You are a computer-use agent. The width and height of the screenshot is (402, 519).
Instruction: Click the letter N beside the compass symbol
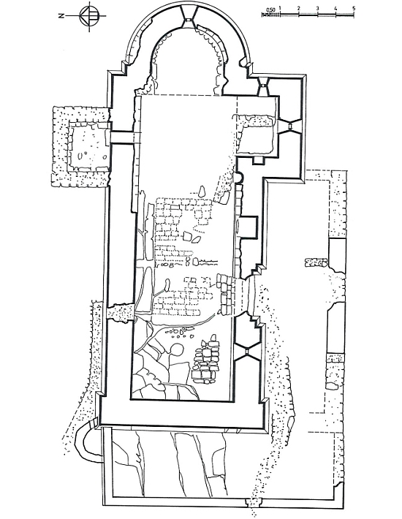(x=61, y=15)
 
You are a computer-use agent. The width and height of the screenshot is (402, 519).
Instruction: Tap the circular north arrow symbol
(x=89, y=15)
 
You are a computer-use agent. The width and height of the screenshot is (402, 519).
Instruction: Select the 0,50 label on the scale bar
(x=270, y=10)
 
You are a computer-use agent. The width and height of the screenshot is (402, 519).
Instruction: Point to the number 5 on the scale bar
(x=354, y=8)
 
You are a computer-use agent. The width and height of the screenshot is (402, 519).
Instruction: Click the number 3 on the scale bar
(x=317, y=8)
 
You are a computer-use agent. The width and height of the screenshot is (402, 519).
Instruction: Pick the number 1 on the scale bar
(x=280, y=8)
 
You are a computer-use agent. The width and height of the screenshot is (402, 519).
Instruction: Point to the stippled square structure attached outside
(x=80, y=147)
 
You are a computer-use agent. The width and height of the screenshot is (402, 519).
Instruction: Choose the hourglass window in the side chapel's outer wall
(x=289, y=126)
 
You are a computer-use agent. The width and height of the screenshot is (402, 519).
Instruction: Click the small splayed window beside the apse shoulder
(x=263, y=86)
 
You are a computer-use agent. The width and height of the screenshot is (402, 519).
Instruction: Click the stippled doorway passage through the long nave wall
(x=121, y=312)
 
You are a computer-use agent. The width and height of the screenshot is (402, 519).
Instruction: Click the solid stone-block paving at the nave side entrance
(x=226, y=294)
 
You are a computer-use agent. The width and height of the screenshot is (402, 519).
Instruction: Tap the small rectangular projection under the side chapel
(x=259, y=160)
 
